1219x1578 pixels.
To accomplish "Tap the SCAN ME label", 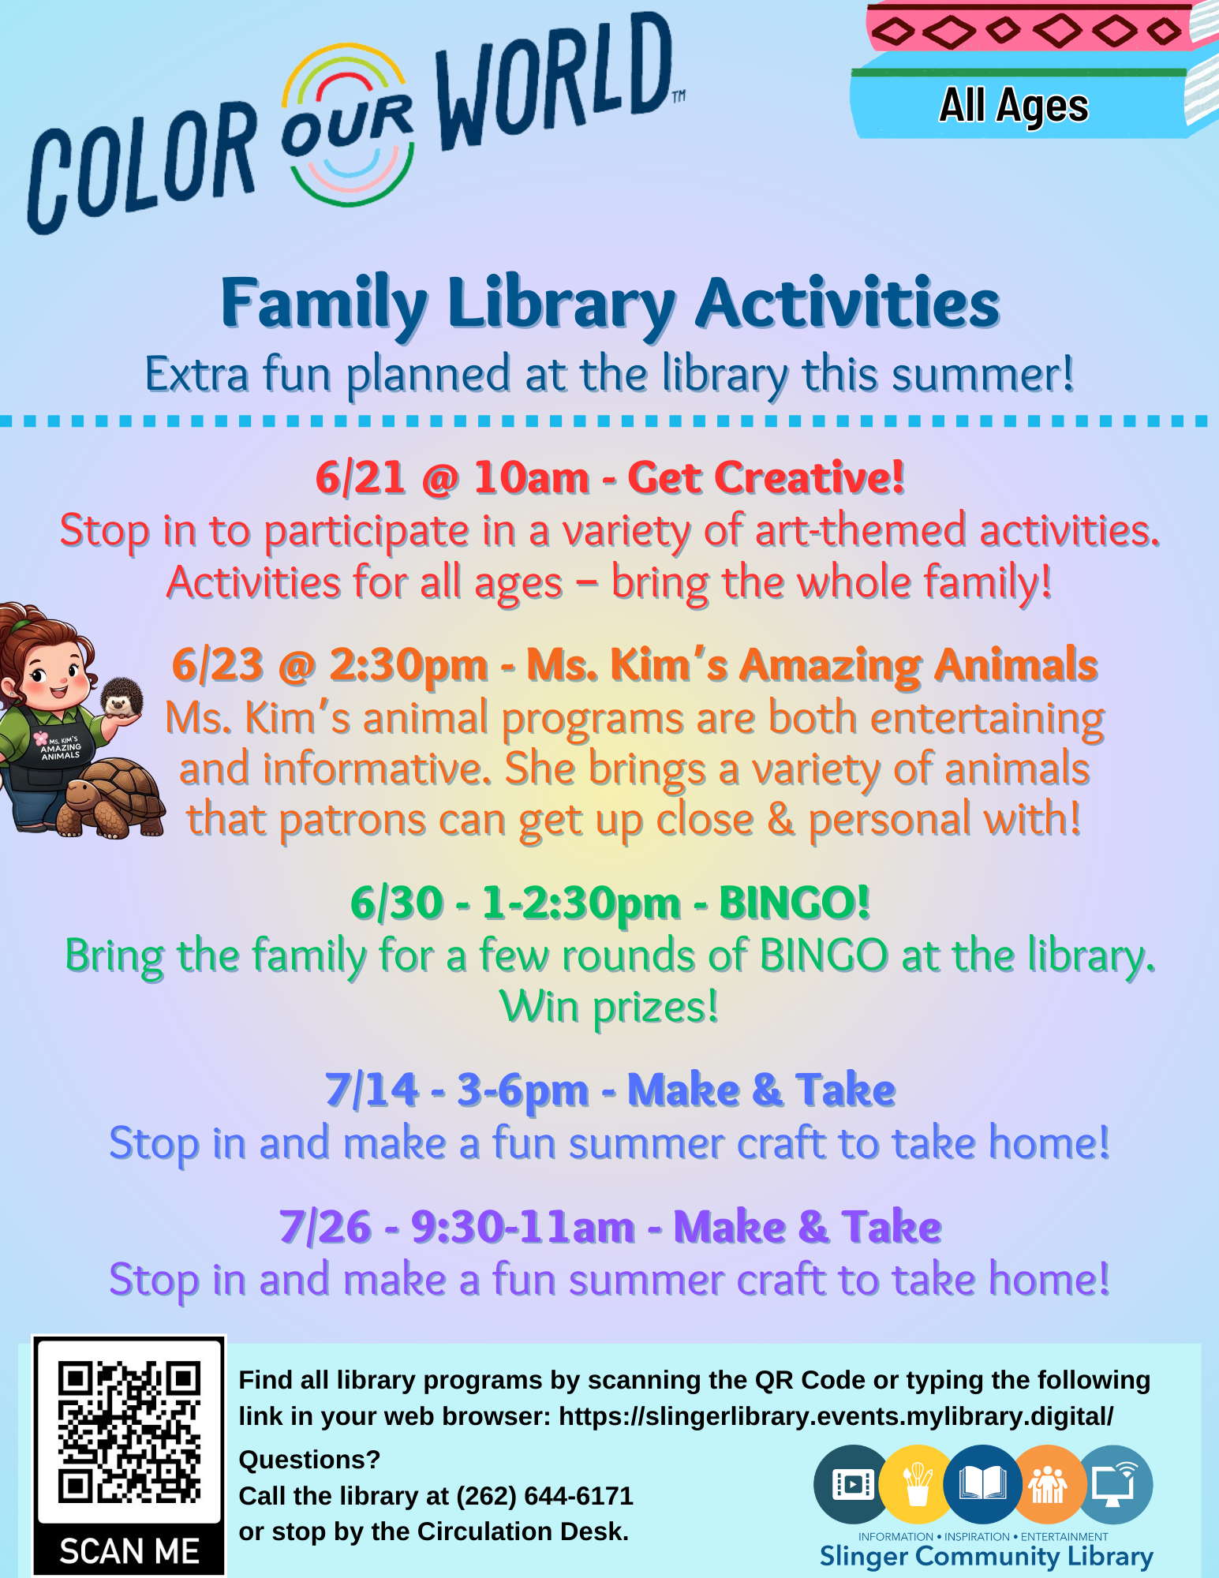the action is coord(129,1551).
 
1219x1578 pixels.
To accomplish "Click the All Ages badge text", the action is coord(1014,106).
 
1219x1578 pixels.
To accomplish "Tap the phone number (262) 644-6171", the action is coord(545,1496).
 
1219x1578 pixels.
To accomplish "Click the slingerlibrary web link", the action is coord(836,1416).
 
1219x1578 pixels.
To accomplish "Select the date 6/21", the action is coord(361,478).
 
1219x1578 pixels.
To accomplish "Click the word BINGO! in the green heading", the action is coord(794,903).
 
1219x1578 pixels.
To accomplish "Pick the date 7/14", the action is coord(371,1090).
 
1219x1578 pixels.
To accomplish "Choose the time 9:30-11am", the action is coord(523,1227).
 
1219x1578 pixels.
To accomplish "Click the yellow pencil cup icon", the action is coord(918,1484).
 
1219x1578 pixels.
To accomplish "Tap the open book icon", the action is coord(982,1484).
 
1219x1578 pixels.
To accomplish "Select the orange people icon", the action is coord(1047,1484).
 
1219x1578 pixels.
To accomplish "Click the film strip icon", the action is coord(852,1484).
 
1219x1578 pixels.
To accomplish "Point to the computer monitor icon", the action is coord(1114,1484).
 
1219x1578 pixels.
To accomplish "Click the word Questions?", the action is coord(309,1460).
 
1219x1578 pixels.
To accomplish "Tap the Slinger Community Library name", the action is coord(986,1557).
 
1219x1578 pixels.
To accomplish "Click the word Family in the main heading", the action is coord(324,305).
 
